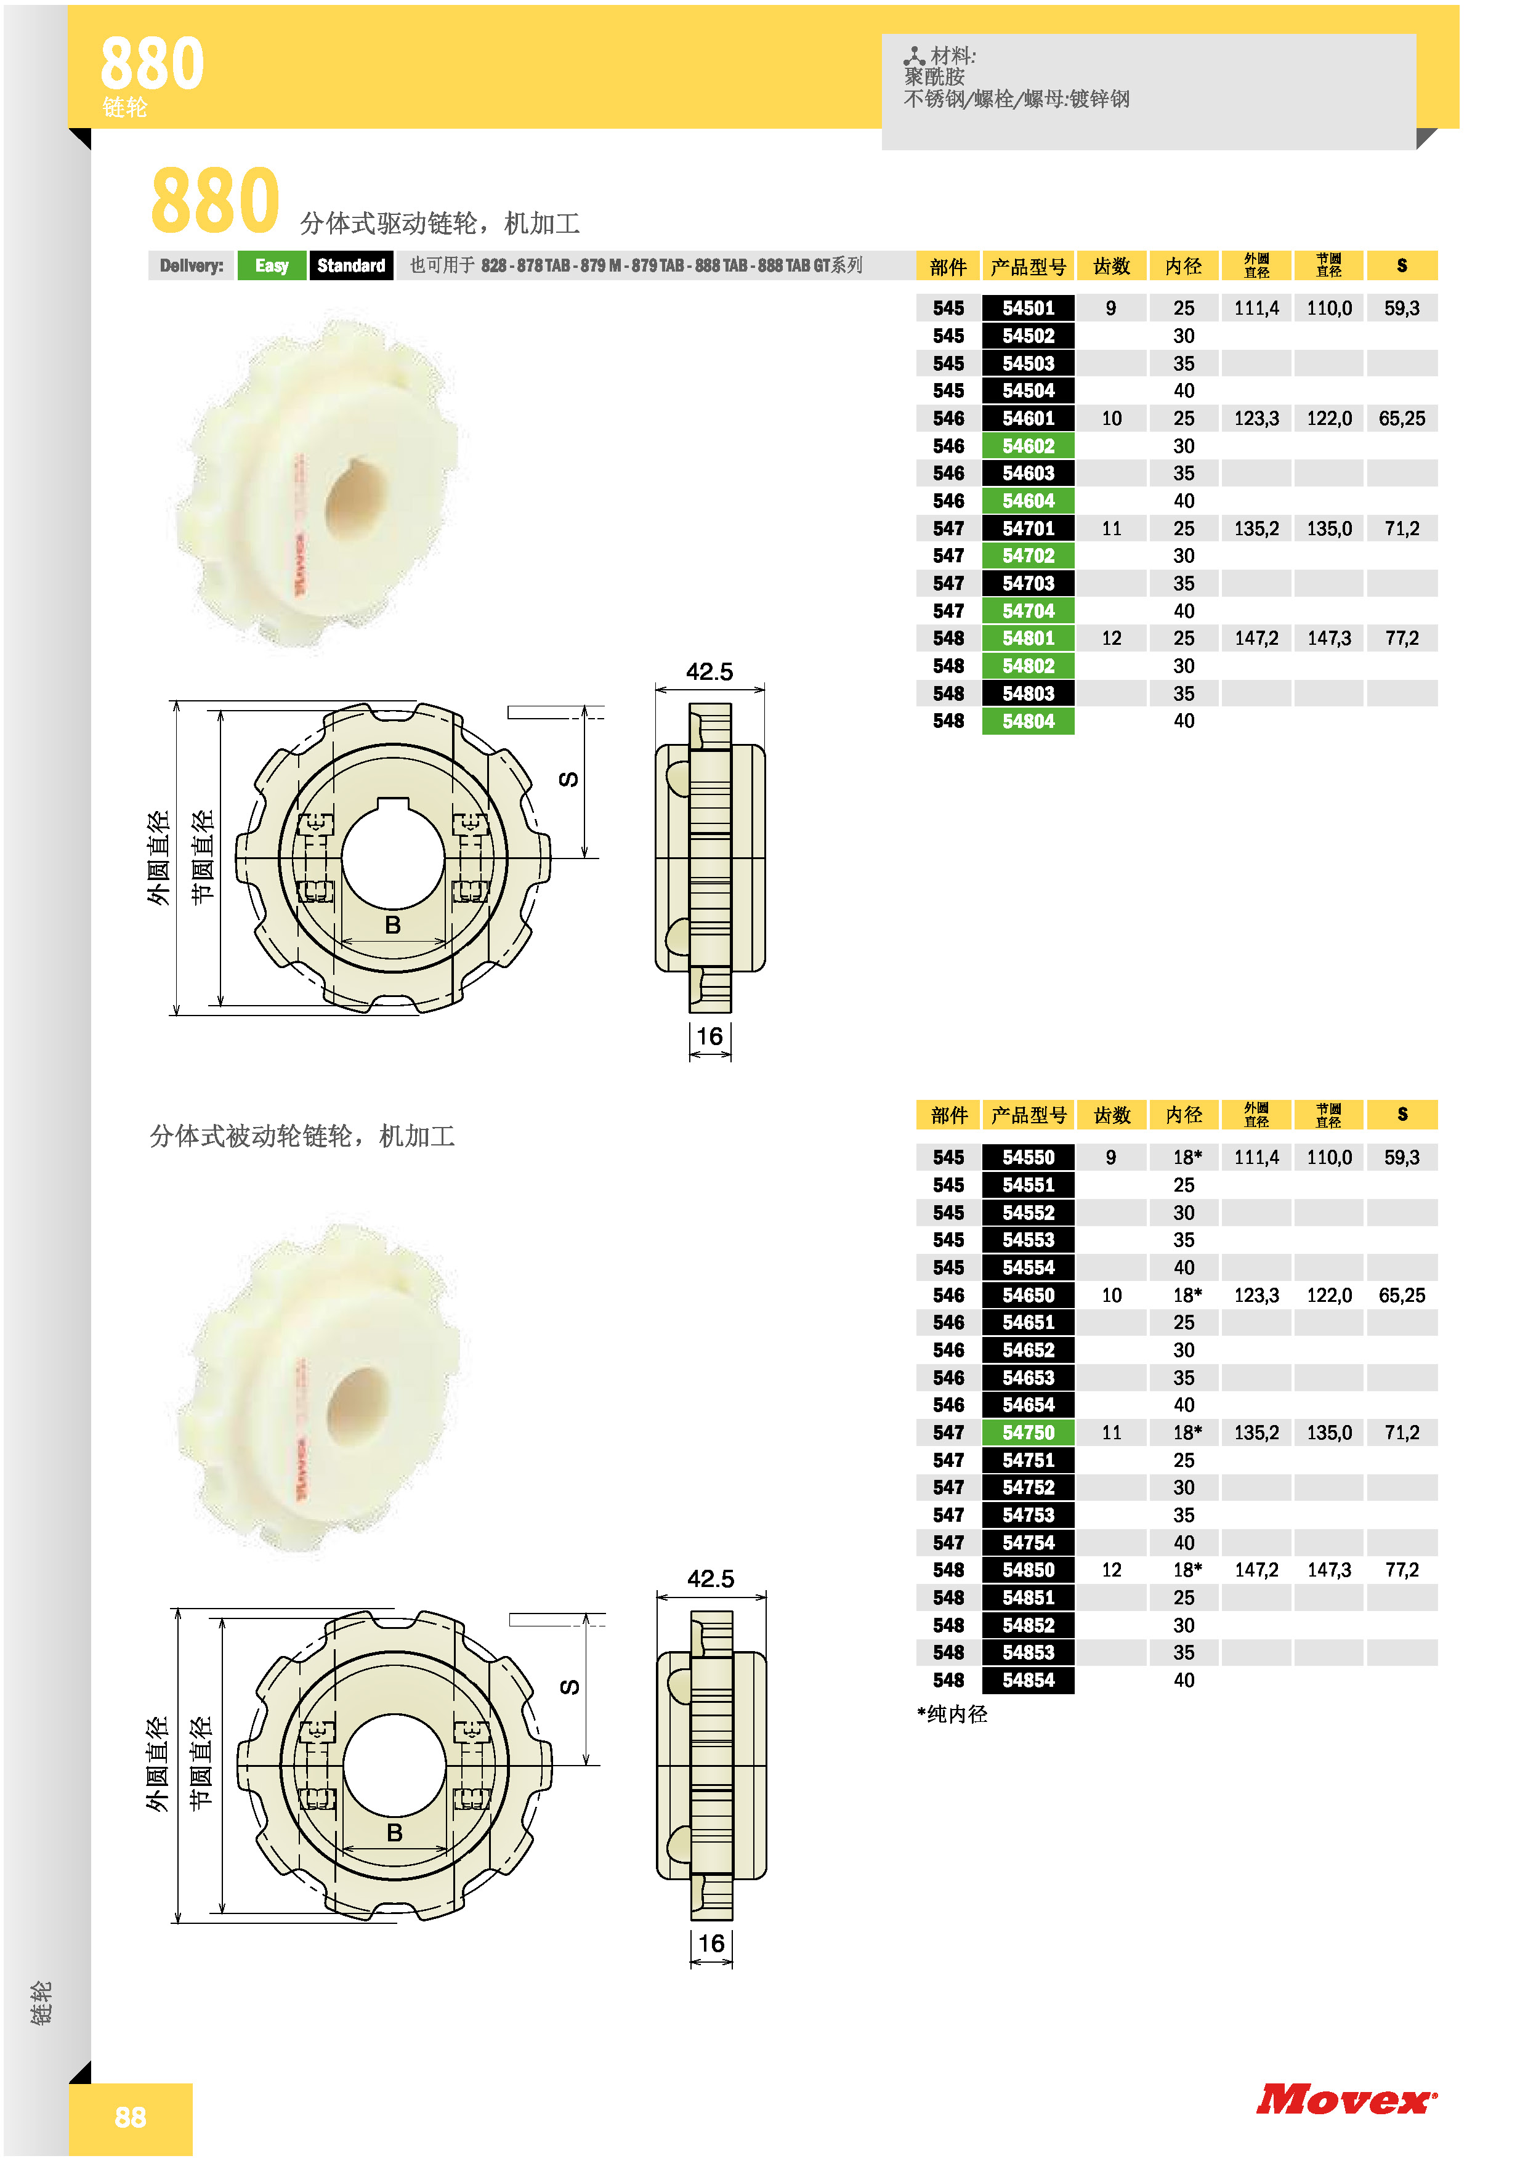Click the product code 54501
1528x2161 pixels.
[1027, 308]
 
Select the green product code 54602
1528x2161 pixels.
[1027, 446]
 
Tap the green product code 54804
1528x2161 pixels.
[1027, 721]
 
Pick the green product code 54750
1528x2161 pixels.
[1027, 1432]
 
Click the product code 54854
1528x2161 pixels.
[1027, 1680]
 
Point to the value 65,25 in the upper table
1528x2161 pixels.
[1402, 419]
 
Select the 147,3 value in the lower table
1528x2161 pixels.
[1328, 1570]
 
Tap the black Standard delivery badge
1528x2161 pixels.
[351, 265]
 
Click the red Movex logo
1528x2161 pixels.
[1346, 2100]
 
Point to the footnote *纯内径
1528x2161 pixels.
[952, 1714]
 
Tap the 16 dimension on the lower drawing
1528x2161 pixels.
[711, 1944]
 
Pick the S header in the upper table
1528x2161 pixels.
[1402, 265]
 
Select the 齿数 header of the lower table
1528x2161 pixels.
[1112, 1115]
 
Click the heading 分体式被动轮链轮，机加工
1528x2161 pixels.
[302, 1136]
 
